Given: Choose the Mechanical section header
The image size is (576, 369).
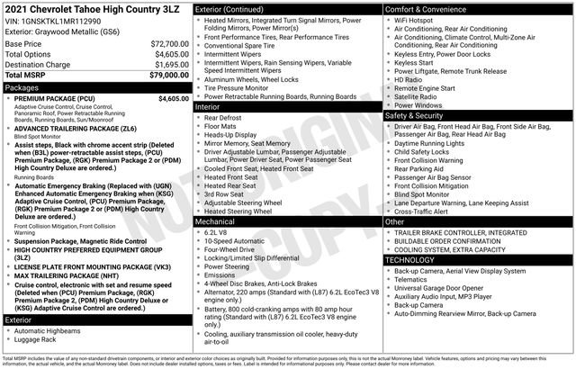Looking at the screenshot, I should coord(216,220).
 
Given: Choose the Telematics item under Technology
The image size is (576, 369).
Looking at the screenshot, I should coord(415,279).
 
